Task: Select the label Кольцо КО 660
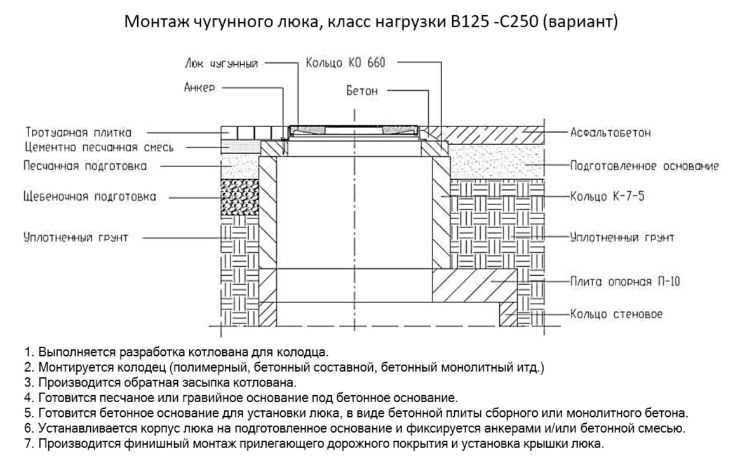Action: pos(346,62)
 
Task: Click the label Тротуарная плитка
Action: pos(79,132)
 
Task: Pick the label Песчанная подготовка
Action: pos(85,166)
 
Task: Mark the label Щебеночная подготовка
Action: pos(90,196)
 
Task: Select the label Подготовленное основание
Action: pos(643,166)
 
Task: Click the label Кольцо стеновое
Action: pos(608,314)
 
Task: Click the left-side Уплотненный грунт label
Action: pos(76,238)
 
